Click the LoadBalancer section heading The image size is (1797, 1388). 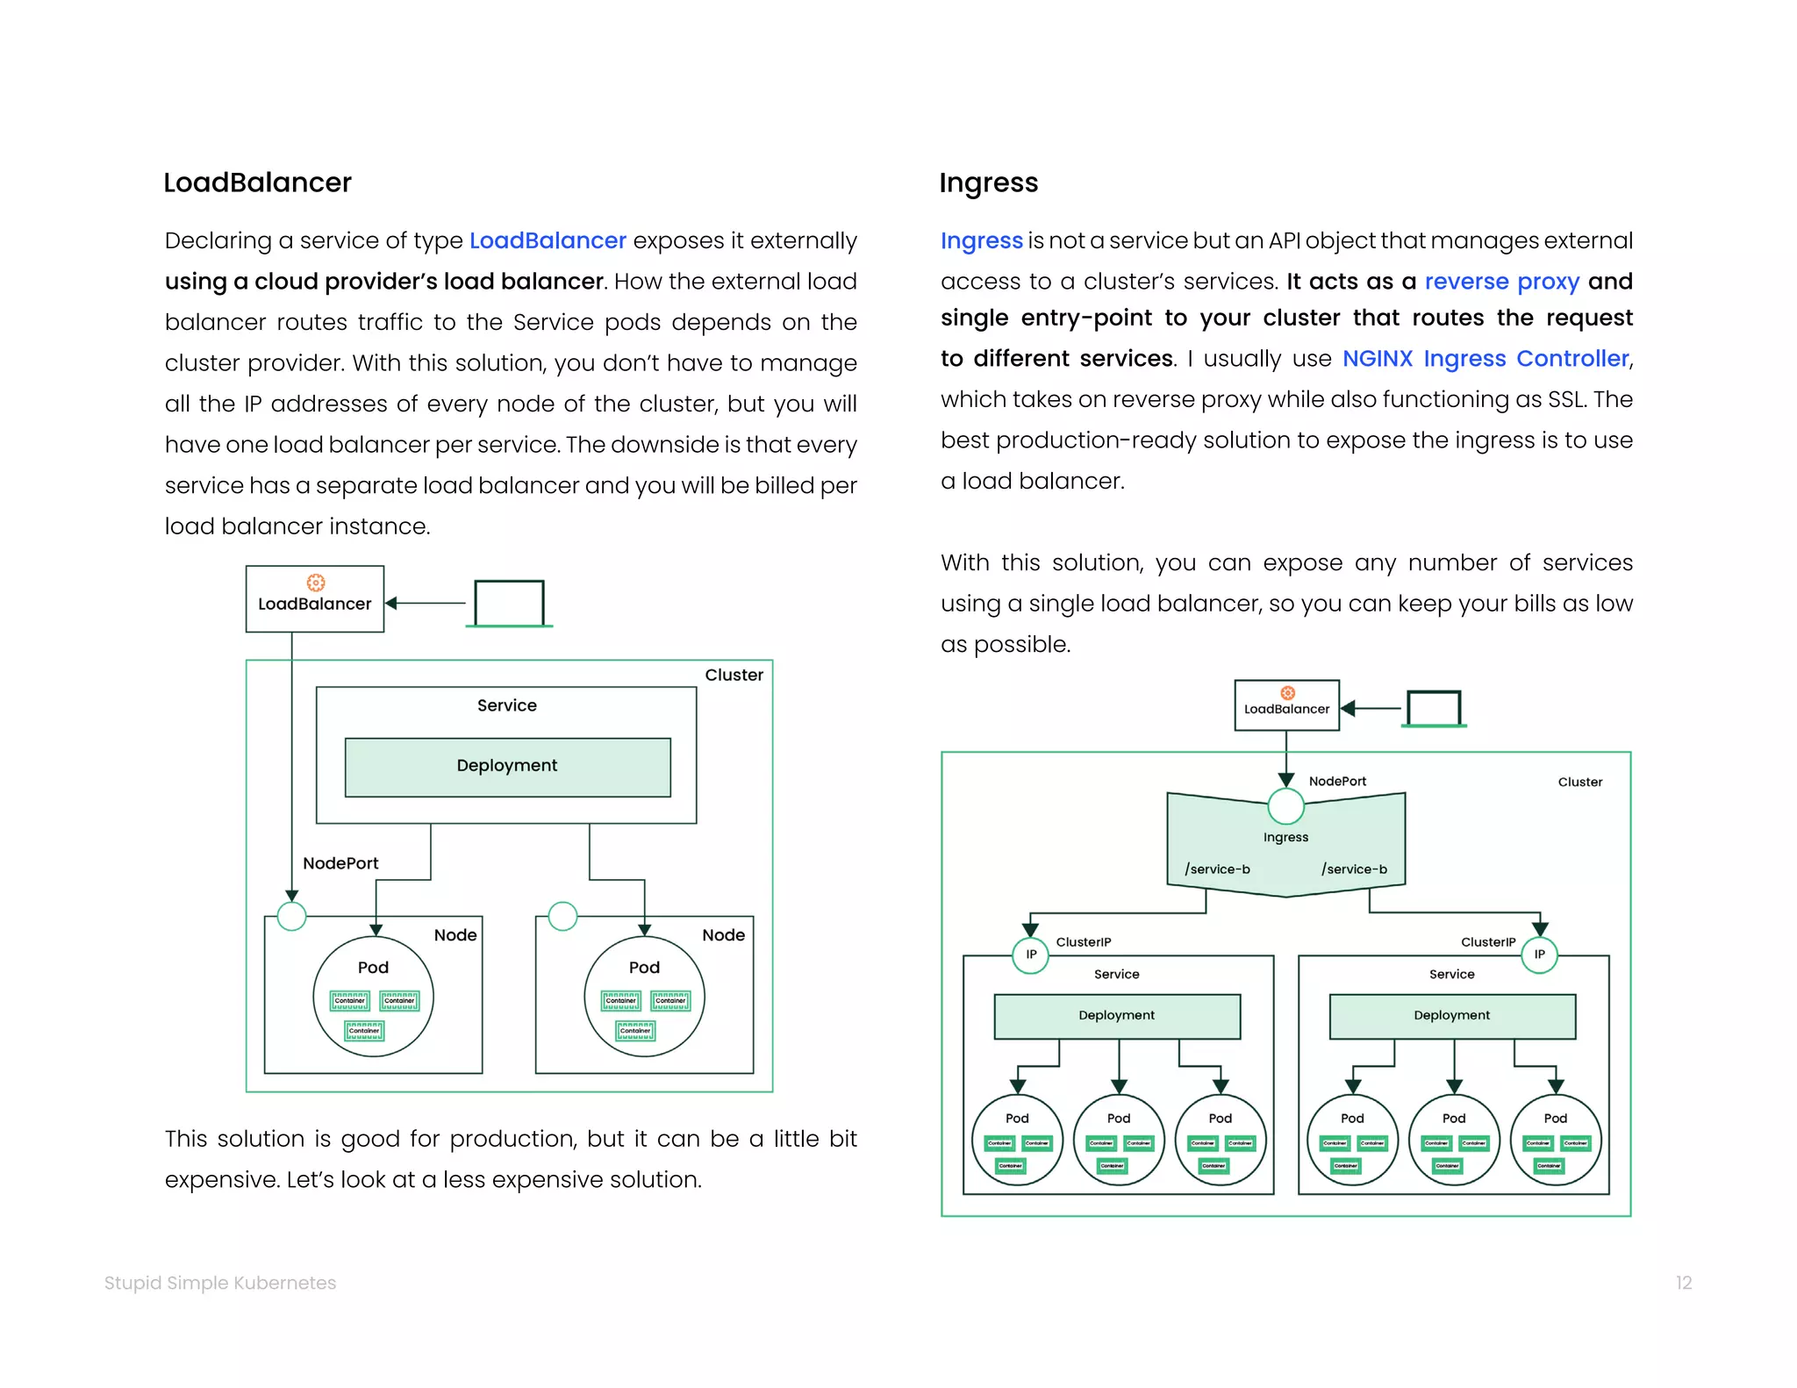[257, 182]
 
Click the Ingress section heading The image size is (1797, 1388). [988, 182]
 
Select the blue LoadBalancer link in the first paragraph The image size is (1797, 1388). [548, 240]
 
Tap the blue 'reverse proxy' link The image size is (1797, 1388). [1501, 281]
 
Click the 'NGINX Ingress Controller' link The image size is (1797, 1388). [1486, 358]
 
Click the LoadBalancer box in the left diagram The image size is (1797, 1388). [315, 599]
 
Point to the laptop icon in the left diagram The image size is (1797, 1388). [510, 603]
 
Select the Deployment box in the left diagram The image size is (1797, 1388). [507, 767]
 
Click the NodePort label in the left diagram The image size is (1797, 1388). [340, 863]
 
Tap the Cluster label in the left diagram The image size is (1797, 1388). [734, 675]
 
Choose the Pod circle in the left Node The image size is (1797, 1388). [373, 997]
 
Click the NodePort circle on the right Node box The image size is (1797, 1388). [562, 916]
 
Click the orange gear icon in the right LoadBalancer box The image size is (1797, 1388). [1287, 693]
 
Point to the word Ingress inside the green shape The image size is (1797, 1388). [1285, 837]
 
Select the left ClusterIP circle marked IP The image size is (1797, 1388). [1031, 955]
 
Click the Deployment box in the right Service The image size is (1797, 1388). [1451, 1016]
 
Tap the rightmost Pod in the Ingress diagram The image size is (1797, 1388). [1555, 1140]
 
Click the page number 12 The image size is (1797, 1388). [1683, 1283]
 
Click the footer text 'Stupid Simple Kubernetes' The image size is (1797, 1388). [220, 1283]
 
